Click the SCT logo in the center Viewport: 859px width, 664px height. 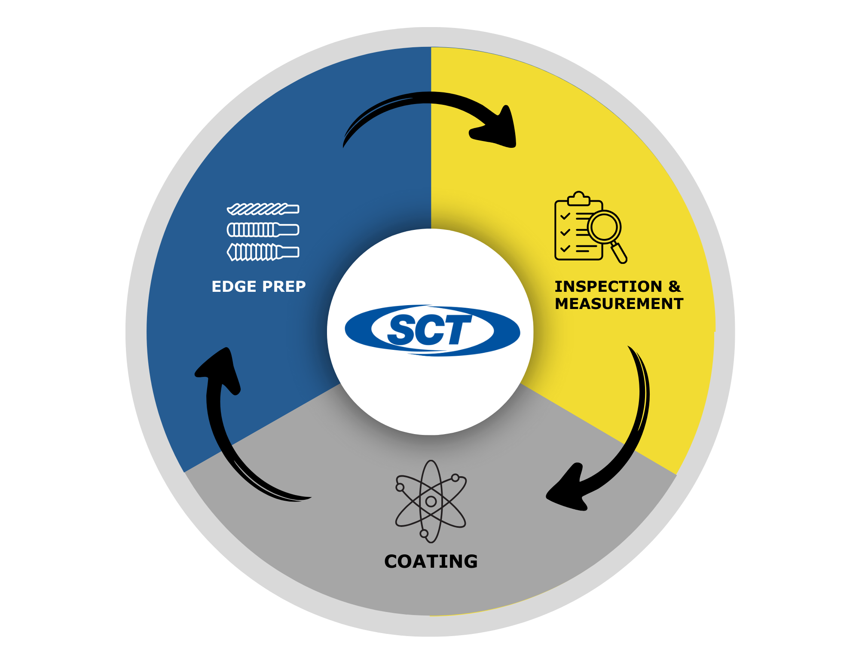[432, 330]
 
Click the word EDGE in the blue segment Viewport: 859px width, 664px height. [234, 287]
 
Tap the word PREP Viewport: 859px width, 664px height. [284, 287]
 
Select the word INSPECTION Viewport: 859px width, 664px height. [608, 287]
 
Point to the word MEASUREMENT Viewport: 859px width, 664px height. [619, 304]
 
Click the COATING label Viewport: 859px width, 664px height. [431, 561]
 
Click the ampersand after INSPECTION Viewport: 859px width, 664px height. [674, 287]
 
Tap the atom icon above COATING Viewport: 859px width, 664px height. [431, 501]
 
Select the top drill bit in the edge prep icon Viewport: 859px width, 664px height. [263, 209]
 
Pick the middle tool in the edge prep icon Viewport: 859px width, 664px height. [263, 230]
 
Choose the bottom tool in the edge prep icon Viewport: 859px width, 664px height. [263, 252]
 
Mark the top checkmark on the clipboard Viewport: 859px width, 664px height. [565, 216]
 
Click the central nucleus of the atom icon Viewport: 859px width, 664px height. [431, 501]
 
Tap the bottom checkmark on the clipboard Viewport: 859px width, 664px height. [565, 248]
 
